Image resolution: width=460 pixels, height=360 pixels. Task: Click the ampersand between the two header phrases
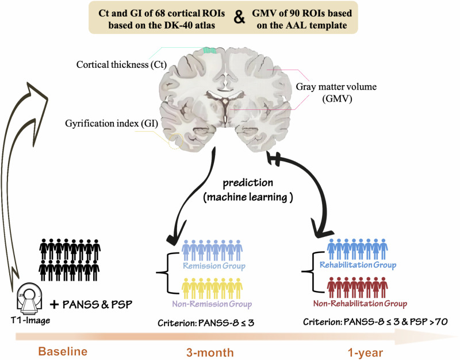click(239, 18)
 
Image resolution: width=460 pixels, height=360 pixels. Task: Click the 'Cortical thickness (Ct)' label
click(121, 64)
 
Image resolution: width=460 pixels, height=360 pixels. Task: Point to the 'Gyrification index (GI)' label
click(112, 124)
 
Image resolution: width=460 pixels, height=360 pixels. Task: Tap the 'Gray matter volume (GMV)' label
click(336, 93)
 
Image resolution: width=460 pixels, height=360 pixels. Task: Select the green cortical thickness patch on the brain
click(210, 51)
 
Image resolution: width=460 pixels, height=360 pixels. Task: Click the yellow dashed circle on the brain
click(175, 141)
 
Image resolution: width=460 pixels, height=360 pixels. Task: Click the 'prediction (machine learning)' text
click(248, 190)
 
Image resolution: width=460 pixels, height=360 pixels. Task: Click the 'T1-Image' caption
click(30, 320)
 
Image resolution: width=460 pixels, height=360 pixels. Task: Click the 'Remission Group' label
click(214, 266)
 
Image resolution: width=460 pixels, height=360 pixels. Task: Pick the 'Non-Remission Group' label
click(212, 304)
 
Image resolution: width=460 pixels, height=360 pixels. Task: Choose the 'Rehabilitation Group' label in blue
click(358, 265)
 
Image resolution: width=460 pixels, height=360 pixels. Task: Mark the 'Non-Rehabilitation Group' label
click(360, 303)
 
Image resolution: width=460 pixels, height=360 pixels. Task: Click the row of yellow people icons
click(212, 289)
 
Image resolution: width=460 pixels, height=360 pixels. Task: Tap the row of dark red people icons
click(357, 288)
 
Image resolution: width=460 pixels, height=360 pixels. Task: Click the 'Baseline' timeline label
click(63, 351)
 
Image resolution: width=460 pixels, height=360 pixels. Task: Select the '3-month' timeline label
click(210, 353)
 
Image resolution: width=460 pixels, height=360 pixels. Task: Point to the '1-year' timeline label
click(366, 353)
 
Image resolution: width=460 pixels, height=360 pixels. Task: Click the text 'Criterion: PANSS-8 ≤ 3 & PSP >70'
click(375, 322)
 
